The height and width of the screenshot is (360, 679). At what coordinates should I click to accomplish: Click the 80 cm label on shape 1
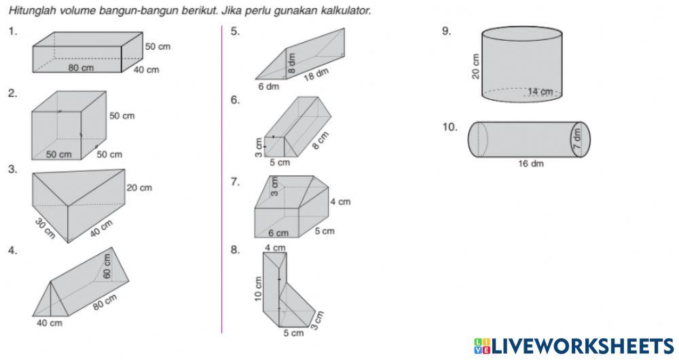coord(81,68)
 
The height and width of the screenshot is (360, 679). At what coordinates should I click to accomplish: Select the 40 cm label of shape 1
coord(146,70)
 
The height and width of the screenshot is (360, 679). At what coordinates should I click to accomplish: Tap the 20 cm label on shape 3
coord(139,188)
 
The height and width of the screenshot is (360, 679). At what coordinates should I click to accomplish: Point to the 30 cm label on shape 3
coord(45,228)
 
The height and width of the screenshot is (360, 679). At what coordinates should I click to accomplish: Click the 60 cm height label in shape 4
coord(107,266)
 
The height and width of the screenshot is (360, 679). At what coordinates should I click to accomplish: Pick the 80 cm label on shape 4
coord(105,302)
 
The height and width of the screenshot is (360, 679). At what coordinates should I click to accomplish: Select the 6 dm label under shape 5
coord(268,87)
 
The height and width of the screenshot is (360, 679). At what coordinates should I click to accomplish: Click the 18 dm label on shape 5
coord(316,75)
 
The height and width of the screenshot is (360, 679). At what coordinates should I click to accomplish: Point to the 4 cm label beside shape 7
coord(340,202)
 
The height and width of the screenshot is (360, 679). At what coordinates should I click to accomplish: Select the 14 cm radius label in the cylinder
coord(540,92)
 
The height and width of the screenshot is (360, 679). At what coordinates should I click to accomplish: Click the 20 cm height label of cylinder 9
coord(475,67)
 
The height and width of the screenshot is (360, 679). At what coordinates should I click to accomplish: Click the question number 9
coord(446,31)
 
